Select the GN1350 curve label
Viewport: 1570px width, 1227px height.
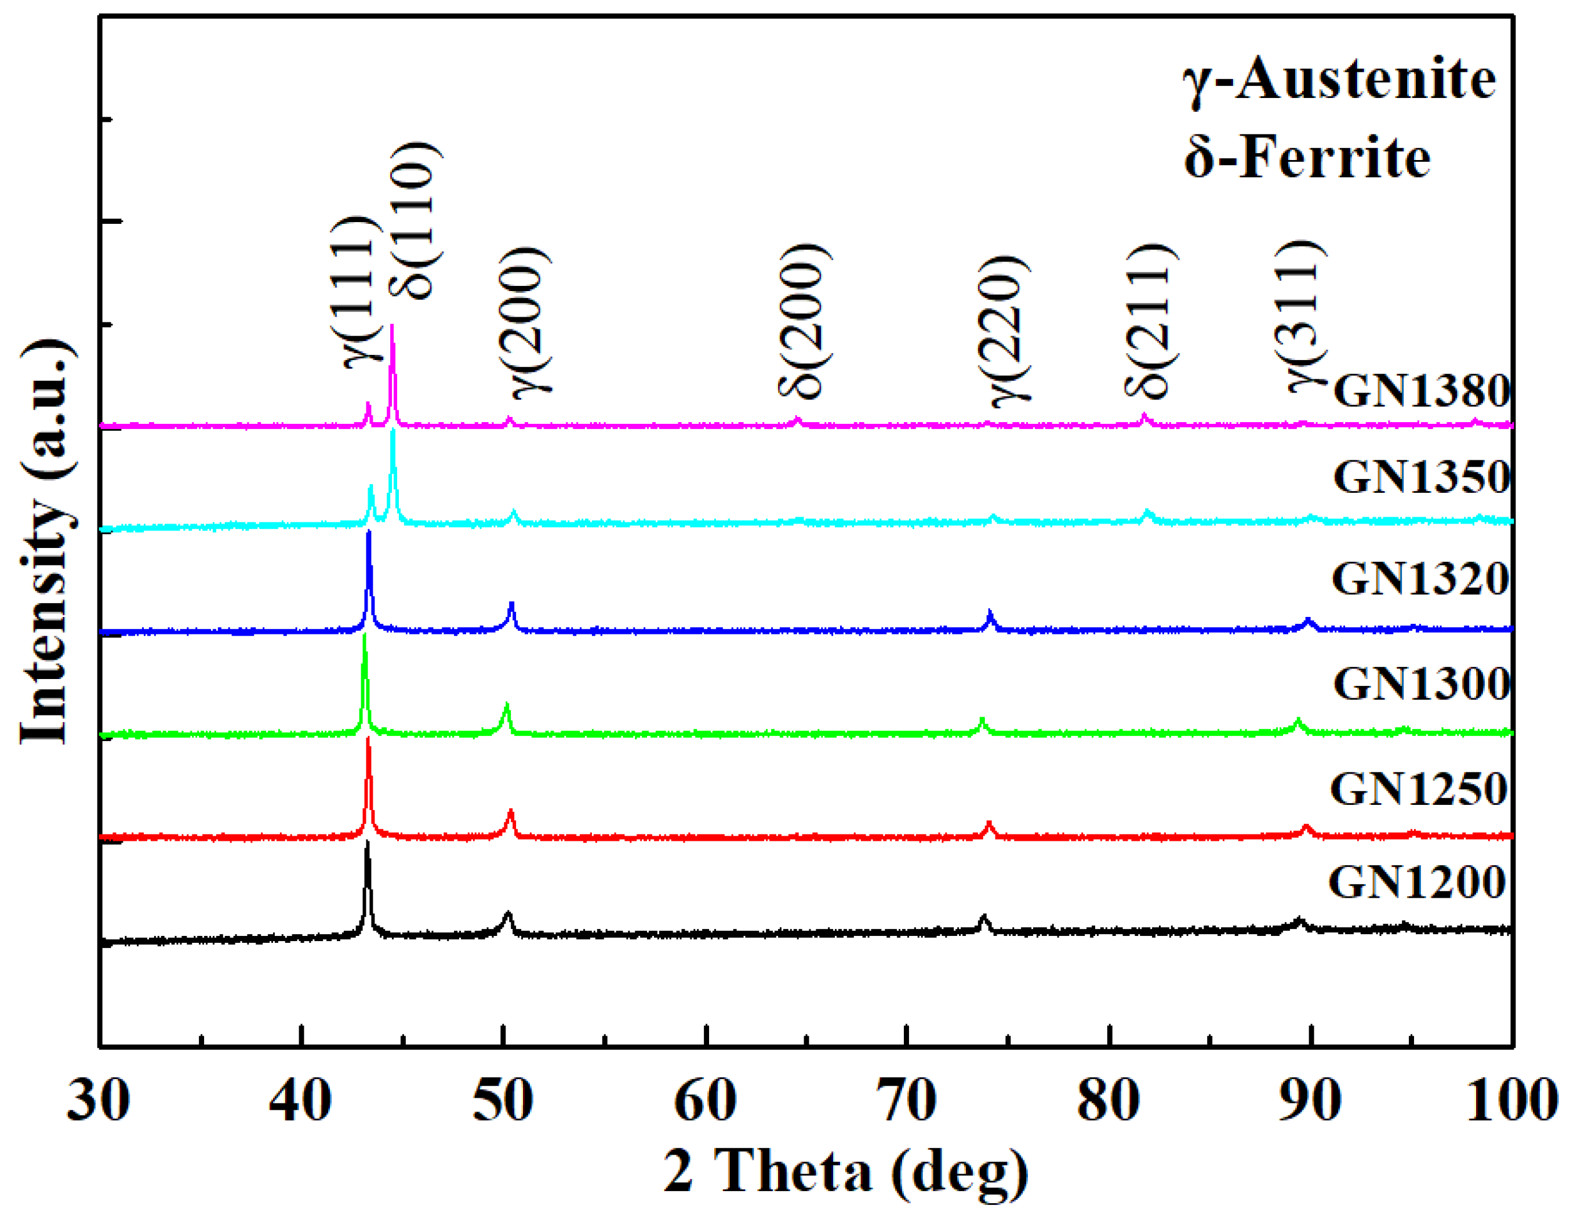pyautogui.click(x=1420, y=477)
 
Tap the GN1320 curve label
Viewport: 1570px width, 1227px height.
pyautogui.click(x=1419, y=579)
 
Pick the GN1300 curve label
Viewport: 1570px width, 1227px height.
pyautogui.click(x=1420, y=684)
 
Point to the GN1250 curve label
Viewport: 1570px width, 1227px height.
pyautogui.click(x=1418, y=789)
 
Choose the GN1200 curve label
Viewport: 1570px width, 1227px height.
pyautogui.click(x=1417, y=882)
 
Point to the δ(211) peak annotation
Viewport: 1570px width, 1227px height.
pyautogui.click(x=1150, y=321)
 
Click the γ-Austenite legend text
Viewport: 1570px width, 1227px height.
pyautogui.click(x=1339, y=79)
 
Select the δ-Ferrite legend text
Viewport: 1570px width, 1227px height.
pyautogui.click(x=1307, y=158)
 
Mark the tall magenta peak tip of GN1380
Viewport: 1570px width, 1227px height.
pyautogui.click(x=392, y=327)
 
